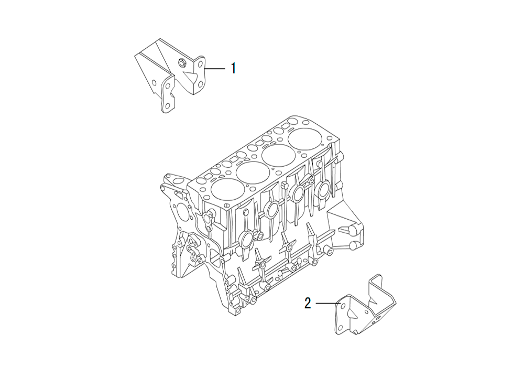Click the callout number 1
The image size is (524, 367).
(234, 68)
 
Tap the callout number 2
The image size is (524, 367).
(308, 303)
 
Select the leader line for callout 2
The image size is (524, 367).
(328, 303)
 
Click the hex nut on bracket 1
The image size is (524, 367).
(181, 62)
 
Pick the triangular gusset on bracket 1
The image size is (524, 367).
(188, 78)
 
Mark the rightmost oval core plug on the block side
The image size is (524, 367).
(323, 189)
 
